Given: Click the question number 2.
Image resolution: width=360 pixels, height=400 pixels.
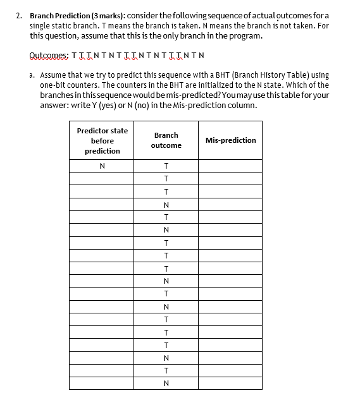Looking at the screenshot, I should tap(19, 15).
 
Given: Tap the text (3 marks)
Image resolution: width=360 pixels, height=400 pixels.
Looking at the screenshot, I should tap(107, 15).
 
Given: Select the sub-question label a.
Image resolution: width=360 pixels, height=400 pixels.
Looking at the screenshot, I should tap(32, 75).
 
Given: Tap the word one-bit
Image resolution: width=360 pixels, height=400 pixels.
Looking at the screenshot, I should tap(54, 85).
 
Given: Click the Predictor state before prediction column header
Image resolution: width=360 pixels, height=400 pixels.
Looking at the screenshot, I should tap(102, 140).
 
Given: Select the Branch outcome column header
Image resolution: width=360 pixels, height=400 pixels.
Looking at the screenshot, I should tap(166, 140).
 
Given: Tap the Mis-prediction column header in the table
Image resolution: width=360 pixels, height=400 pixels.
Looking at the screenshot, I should tap(230, 140).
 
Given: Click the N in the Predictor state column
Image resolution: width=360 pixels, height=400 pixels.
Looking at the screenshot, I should tap(102, 166).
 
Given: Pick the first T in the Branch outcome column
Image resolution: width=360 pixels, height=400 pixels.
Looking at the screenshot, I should tap(166, 166).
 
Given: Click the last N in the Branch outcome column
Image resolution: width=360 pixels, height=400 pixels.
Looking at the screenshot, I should tap(166, 384).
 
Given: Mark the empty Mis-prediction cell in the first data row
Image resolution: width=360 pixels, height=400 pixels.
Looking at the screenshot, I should tap(230, 166).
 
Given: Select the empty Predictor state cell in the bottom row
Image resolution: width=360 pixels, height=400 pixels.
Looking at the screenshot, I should tap(102, 384).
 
